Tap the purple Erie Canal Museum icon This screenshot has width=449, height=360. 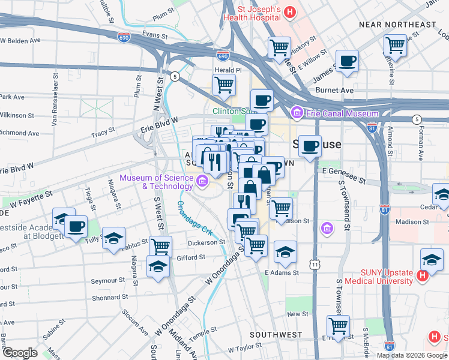(x=296, y=113)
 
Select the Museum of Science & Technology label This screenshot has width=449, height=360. (x=156, y=182)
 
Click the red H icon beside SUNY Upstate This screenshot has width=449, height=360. (x=422, y=277)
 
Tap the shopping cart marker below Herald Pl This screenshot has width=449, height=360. (x=223, y=85)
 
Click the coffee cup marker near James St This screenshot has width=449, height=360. (x=347, y=61)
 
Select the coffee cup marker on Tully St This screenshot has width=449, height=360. (x=76, y=226)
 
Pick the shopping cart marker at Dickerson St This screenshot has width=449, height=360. (x=160, y=245)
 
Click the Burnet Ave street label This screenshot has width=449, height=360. (x=339, y=91)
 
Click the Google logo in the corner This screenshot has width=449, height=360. (x=20, y=353)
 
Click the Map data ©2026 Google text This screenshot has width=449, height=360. (x=411, y=355)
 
